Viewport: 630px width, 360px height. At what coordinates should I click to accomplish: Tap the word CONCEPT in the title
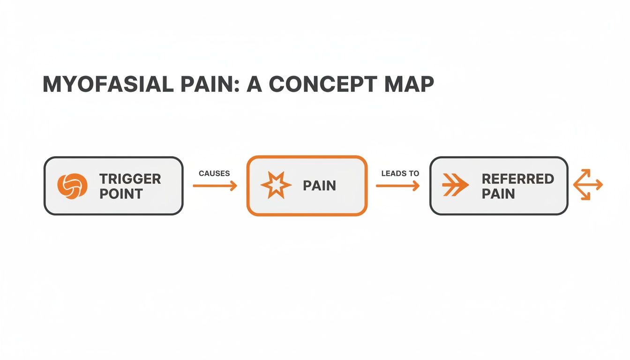tap(322, 84)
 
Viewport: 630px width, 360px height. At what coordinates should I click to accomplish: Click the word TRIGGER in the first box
tap(130, 179)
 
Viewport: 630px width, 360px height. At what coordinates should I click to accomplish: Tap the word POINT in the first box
tap(121, 194)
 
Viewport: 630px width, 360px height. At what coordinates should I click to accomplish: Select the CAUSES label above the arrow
tap(214, 173)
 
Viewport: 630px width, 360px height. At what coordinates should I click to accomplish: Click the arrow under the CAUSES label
tap(215, 186)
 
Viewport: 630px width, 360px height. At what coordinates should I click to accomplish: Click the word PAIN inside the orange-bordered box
tap(319, 186)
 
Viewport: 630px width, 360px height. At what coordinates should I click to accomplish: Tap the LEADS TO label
tap(400, 173)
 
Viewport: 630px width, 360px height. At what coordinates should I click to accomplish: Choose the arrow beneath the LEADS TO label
tap(397, 186)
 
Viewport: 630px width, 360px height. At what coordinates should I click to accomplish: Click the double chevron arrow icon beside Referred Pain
tap(455, 186)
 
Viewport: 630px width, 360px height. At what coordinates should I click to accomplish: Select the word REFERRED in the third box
tap(517, 179)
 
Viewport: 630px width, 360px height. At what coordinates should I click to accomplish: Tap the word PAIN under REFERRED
tap(498, 194)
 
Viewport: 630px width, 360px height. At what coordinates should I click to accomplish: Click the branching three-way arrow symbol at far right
tap(588, 186)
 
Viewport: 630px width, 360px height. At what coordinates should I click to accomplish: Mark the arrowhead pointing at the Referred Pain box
tap(416, 186)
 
